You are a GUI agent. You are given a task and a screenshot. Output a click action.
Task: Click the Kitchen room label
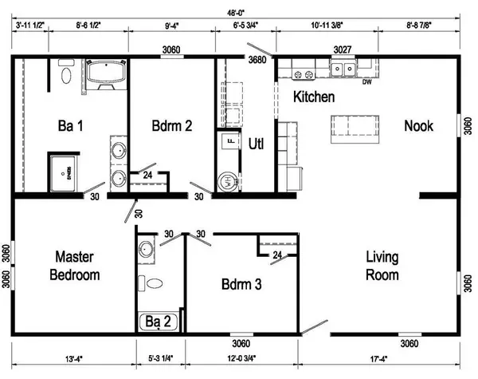(x=314, y=97)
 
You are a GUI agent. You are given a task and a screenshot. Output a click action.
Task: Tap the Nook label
(x=419, y=125)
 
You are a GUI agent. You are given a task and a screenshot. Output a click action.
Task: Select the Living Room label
(x=382, y=266)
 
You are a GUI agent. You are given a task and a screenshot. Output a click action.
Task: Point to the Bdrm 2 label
(x=173, y=125)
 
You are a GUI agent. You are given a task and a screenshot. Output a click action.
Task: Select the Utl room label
(x=257, y=144)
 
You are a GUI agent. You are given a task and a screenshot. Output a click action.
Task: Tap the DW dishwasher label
(x=367, y=82)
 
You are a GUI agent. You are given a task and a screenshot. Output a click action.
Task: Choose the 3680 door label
(x=257, y=60)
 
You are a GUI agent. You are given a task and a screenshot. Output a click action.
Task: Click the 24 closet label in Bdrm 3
(x=276, y=255)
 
